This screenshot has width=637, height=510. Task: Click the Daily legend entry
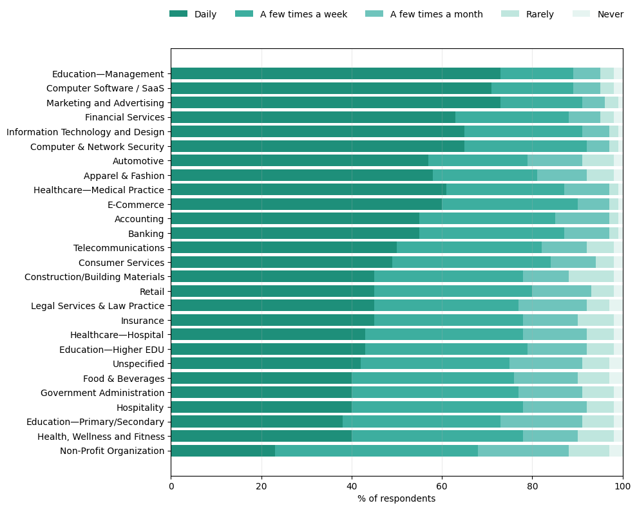193,14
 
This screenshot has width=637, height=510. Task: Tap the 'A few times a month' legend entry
424,14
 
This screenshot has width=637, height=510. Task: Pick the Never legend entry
598,14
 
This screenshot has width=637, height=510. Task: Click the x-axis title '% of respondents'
396,498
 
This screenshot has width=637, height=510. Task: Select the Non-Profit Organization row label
112,451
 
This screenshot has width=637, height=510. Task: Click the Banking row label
146,233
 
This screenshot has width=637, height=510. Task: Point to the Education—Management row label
108,74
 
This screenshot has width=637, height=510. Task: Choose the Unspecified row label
138,364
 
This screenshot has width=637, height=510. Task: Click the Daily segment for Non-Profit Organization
223,451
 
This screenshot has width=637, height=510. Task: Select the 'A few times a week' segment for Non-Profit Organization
376,451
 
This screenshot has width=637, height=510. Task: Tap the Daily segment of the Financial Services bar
313,117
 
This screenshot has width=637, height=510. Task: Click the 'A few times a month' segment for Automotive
555,161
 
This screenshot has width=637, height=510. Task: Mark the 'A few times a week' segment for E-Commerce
509,204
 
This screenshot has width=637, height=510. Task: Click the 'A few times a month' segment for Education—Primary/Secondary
541,422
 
